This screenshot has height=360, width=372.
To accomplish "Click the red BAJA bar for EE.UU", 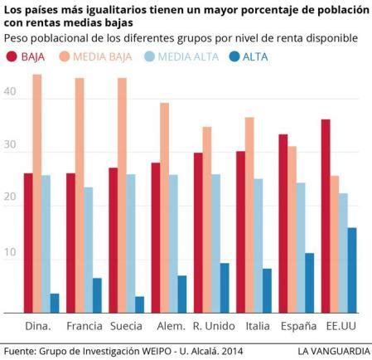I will [x=326, y=216].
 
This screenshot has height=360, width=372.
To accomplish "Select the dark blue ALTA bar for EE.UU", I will [x=351, y=270].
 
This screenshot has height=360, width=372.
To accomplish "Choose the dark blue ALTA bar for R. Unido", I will [x=224, y=287].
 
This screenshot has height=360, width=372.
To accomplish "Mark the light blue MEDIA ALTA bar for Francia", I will [x=89, y=249].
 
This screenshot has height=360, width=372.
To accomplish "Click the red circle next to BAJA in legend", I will [x=12, y=57].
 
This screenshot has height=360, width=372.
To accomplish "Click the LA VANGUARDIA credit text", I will [x=334, y=350].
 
